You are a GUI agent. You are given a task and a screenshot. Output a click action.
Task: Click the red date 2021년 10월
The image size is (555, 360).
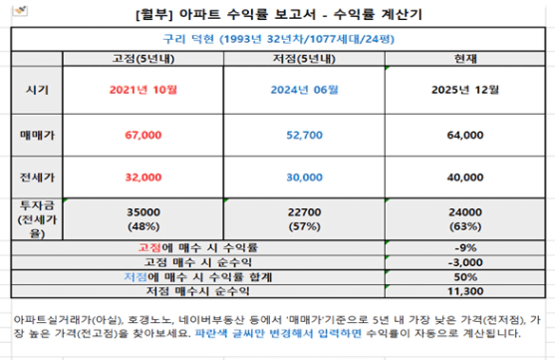click(143, 90)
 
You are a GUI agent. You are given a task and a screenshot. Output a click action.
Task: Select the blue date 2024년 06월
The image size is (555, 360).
click(304, 90)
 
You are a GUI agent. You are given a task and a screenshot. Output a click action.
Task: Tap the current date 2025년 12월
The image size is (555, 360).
click(465, 90)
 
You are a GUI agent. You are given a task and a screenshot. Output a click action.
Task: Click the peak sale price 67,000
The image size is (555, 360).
click(143, 135)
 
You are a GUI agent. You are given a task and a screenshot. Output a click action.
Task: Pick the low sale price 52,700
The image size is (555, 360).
click(304, 135)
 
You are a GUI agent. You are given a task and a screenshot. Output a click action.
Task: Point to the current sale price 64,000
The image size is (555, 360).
click(465, 135)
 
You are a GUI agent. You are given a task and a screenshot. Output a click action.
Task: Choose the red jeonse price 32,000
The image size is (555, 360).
click(143, 178)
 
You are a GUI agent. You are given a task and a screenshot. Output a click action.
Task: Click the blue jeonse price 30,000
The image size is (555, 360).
click(304, 178)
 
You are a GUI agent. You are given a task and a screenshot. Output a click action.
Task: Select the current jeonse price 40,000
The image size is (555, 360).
click(465, 178)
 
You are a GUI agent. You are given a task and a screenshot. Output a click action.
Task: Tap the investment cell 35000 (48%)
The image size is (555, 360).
click(143, 219)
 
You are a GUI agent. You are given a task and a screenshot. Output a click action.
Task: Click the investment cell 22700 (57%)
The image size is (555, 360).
click(304, 219)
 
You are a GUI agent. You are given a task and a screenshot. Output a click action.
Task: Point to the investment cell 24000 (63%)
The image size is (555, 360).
click(465, 219)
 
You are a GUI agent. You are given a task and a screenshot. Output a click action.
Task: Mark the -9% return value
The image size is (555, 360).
click(465, 247)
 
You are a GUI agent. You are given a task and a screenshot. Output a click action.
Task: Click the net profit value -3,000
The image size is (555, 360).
click(465, 262)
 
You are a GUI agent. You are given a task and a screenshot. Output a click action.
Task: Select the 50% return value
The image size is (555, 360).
click(465, 277)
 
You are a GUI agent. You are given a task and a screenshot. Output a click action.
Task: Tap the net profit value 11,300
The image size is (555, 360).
click(465, 291)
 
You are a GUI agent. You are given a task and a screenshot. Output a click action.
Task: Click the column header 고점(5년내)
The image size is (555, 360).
click(143, 59)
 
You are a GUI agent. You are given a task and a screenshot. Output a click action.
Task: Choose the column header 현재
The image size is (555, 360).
click(465, 59)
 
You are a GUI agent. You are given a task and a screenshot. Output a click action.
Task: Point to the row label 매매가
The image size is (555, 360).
click(37, 135)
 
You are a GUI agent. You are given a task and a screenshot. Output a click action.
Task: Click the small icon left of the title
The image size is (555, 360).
click(20, 10)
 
